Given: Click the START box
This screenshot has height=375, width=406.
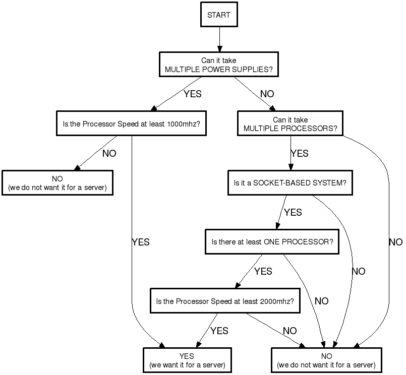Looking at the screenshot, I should click(218, 15).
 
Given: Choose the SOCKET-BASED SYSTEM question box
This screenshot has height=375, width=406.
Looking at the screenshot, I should click(290, 182).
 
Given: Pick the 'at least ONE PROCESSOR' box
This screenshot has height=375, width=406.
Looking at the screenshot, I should click(272, 242).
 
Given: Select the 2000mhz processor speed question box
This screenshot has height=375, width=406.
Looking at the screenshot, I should click(225, 301).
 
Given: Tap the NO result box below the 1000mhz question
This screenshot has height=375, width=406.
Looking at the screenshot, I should click(57, 183).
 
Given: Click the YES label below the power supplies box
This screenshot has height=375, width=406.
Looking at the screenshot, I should click(193, 94).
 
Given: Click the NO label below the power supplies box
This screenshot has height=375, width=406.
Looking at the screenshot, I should click(267, 94).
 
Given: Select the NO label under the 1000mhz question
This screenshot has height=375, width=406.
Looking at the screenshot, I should click(109, 153).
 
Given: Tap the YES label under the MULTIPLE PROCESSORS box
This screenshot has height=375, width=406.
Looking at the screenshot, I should click(300, 153).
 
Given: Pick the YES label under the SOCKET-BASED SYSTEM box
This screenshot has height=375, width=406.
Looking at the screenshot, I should click(293, 212).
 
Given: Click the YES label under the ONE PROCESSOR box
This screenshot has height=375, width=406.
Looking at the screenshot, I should click(263, 272).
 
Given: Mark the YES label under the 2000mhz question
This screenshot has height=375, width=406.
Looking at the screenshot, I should click(219, 331).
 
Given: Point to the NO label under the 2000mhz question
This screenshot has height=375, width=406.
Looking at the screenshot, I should click(290, 331).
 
